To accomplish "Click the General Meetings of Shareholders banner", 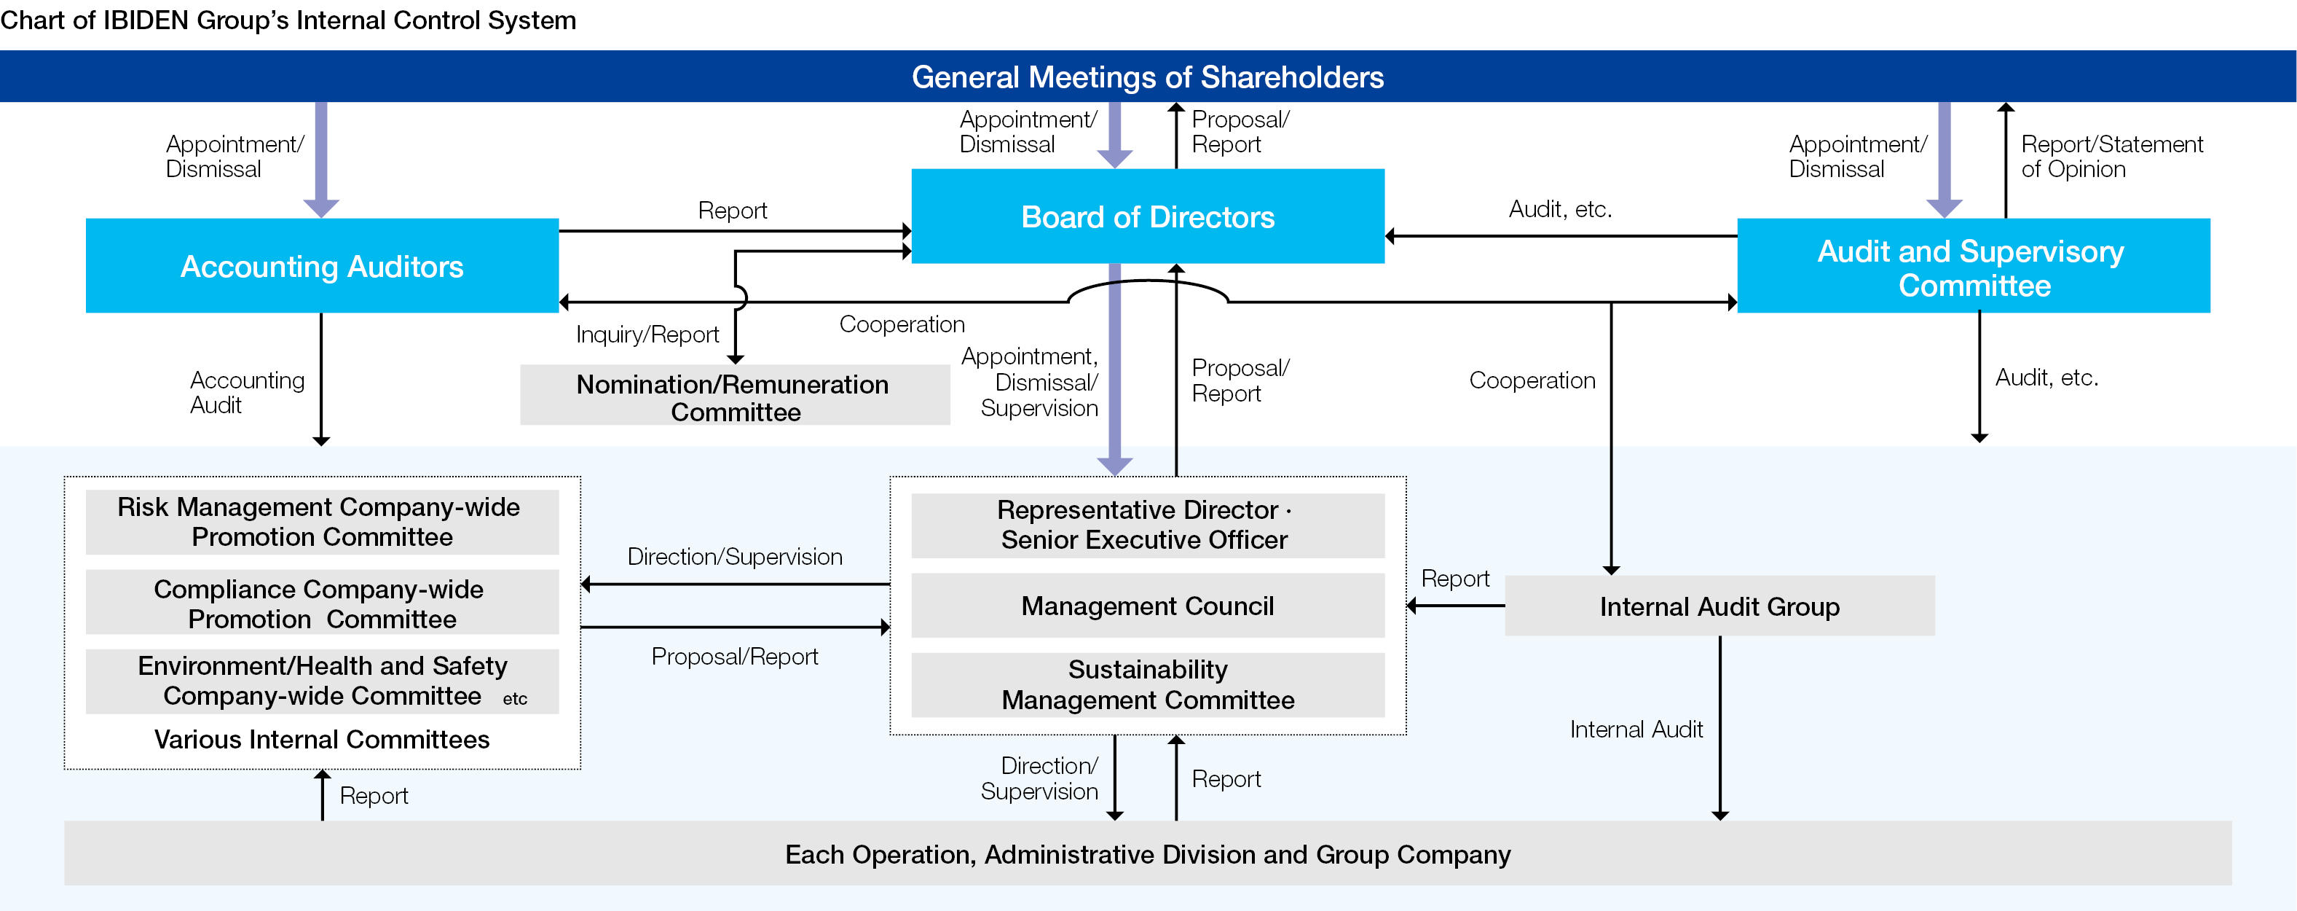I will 1148,77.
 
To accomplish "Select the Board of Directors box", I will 1148,217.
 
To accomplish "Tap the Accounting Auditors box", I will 322,266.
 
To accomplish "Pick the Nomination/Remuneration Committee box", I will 734,397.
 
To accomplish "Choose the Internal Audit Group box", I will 1719,607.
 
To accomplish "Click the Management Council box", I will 1148,606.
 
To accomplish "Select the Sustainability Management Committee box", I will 1148,684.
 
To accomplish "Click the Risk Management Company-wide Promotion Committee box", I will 322,522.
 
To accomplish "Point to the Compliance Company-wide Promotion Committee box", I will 322,603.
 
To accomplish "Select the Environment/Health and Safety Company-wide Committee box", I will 322,681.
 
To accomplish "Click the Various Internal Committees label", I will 322,740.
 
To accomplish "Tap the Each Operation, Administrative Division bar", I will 1148,854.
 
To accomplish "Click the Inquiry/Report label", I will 647,335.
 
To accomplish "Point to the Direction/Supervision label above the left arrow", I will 735,557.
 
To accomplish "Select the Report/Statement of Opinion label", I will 2111,157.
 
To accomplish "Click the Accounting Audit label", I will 247,393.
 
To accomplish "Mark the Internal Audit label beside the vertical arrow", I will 1636,730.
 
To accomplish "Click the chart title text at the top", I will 288,20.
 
